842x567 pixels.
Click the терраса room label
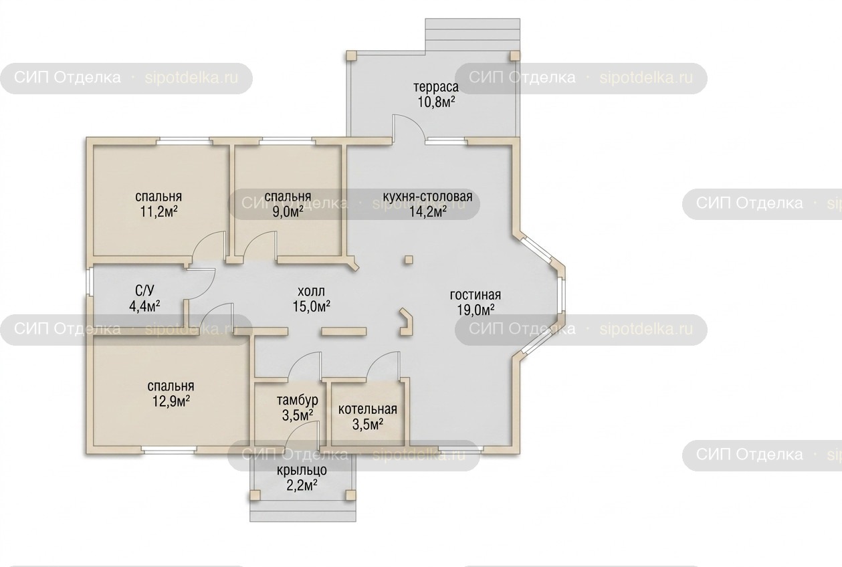436,87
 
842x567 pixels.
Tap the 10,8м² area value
437,102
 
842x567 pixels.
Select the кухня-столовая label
427,197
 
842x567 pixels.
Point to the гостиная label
475,295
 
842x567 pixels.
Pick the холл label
311,292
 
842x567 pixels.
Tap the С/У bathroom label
144,290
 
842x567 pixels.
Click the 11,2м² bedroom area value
159,212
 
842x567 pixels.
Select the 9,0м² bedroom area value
288,212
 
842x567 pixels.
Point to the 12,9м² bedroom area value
171,401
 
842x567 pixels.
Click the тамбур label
298,401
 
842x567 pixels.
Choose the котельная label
368,409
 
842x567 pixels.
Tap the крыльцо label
302,471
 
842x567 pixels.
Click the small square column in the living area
409,259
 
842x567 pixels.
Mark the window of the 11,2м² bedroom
183,141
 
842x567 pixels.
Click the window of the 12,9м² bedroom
169,449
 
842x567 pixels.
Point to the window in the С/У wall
90,281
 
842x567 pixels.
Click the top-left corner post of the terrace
352,56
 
